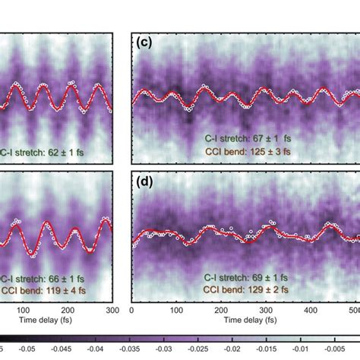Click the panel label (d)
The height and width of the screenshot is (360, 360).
coord(144,182)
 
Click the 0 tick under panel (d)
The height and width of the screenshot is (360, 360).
coord(133,311)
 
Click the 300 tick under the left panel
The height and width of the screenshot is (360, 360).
coord(112,311)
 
